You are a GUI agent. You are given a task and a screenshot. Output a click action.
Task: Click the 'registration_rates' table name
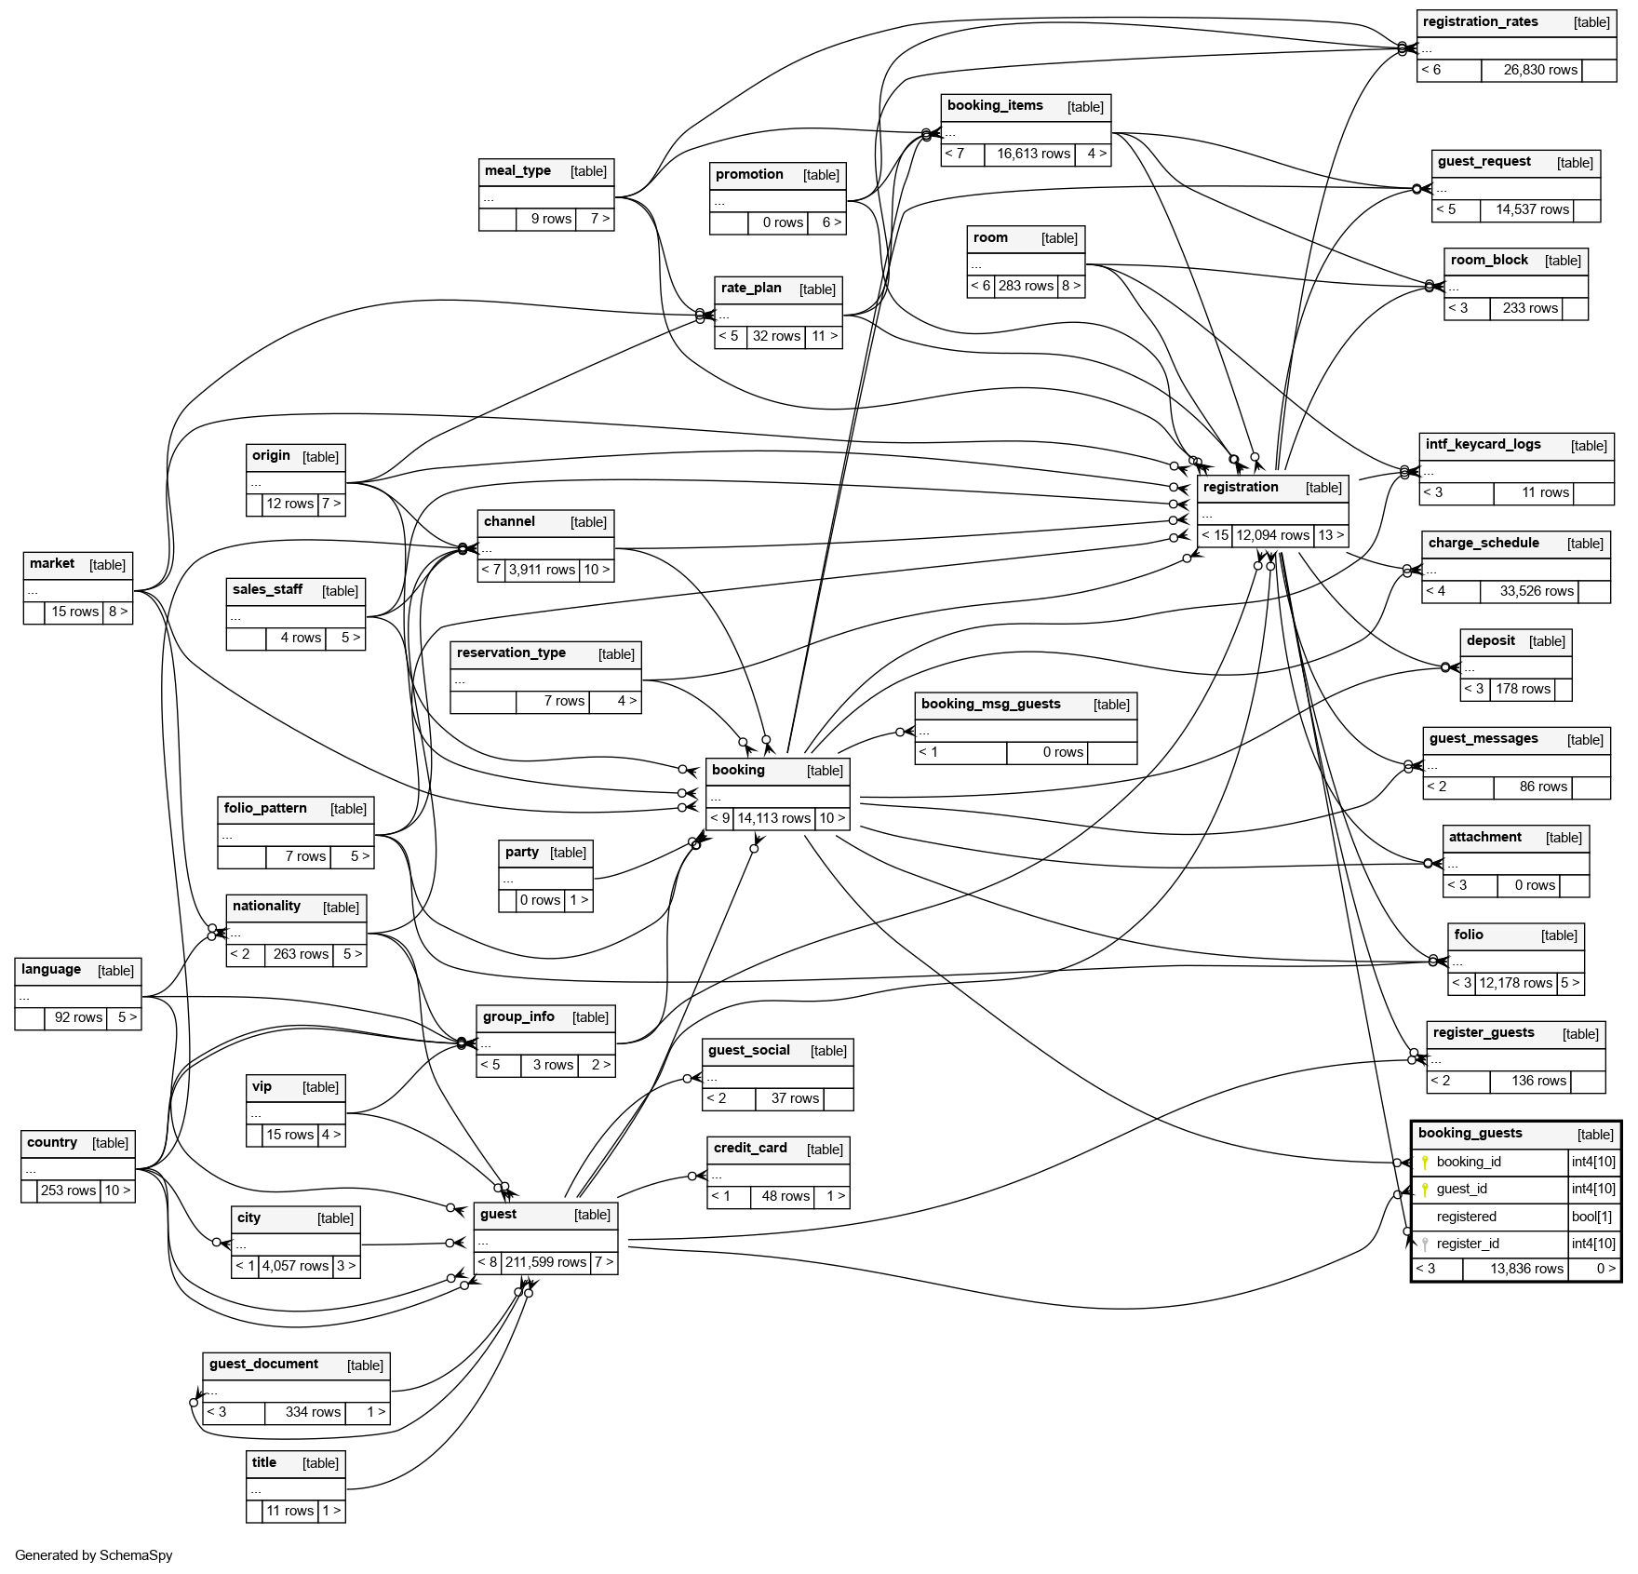(1480, 22)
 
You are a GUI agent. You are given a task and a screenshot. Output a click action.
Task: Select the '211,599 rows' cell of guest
(545, 1262)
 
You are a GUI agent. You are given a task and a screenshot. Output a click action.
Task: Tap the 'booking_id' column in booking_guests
(1469, 1162)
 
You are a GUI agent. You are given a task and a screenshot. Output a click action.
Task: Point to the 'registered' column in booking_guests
(1466, 1217)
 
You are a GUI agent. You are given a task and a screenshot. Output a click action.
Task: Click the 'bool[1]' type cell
(1592, 1217)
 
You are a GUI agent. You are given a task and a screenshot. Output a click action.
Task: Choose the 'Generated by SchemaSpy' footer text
(94, 1554)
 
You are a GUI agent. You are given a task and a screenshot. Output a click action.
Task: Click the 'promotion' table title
(749, 175)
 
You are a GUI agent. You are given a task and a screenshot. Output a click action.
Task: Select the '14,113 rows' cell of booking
(773, 818)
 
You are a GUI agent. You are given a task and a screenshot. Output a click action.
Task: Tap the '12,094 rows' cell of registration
(1272, 535)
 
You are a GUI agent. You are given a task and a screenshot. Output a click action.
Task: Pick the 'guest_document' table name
(263, 1364)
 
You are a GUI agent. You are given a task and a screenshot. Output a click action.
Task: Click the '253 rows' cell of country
(68, 1191)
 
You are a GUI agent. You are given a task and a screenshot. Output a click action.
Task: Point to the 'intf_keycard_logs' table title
(1483, 445)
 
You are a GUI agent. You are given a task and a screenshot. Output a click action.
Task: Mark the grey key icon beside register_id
(1424, 1244)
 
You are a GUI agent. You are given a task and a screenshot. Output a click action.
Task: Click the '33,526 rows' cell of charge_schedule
(1536, 591)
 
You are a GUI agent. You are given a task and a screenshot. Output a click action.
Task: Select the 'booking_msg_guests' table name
(990, 704)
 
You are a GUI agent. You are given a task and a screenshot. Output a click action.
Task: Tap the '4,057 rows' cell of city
(295, 1266)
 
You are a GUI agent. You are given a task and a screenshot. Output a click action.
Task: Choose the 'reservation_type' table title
(511, 652)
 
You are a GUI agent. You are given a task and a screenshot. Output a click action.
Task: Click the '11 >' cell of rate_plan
(824, 336)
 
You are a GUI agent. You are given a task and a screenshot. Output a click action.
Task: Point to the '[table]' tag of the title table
(320, 1463)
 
